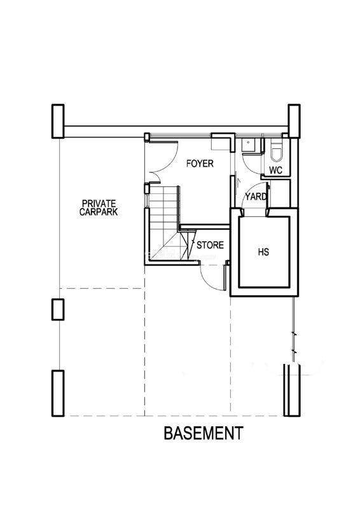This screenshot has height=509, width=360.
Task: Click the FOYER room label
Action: coord(200,164)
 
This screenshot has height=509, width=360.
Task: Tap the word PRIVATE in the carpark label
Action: coord(99,204)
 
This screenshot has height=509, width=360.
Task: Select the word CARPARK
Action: coord(99,212)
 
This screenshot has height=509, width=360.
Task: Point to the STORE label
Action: coord(210,245)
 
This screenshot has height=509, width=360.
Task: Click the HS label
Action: coord(263,251)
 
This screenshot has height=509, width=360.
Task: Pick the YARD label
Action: coord(256,197)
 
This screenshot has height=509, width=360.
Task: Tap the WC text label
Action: coord(275,170)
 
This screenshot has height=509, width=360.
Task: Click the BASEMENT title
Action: coord(204,433)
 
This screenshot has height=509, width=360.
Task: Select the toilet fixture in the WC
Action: coord(276,152)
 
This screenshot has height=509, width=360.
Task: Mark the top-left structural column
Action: coord(58,121)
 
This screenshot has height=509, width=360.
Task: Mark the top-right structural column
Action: coord(294,121)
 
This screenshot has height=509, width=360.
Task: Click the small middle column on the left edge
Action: coord(58,310)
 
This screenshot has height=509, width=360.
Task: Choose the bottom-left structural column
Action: coord(58,393)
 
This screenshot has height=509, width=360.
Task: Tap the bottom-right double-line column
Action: coord(292,390)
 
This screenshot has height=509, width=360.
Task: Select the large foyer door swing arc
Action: coord(169,162)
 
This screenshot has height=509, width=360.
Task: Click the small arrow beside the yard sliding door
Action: coord(238,183)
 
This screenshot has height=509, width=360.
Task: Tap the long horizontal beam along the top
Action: coord(176,130)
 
